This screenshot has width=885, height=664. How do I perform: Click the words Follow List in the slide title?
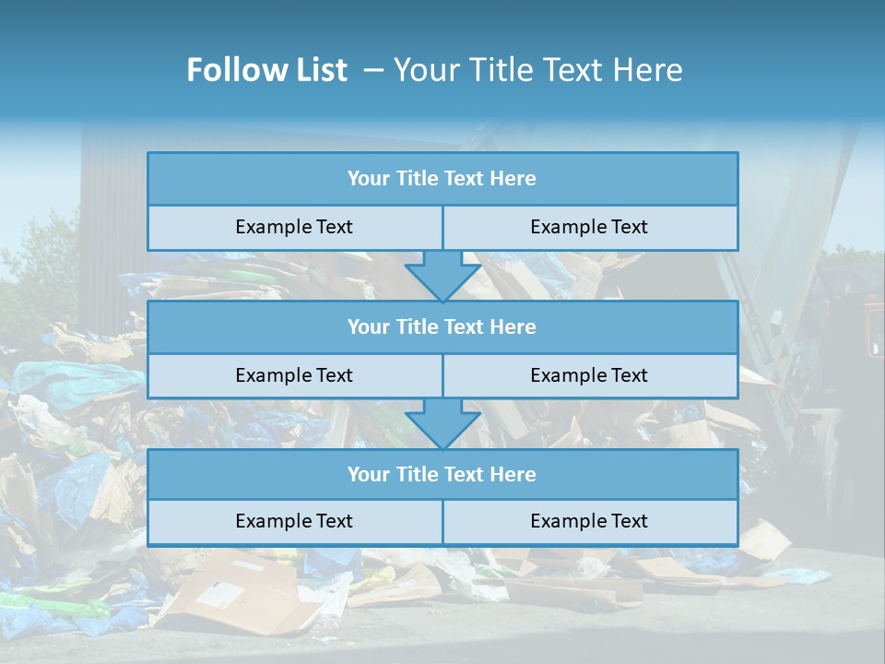point(266,70)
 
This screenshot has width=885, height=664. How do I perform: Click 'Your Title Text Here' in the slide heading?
point(538,70)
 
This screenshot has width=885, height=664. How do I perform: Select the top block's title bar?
point(442,179)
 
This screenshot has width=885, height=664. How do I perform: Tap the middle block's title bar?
point(442,327)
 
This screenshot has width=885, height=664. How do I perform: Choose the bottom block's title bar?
point(442,475)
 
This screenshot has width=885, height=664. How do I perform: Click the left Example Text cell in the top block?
point(294,228)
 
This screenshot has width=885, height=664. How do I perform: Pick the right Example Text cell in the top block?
point(589,228)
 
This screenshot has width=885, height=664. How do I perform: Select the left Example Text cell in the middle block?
point(294,376)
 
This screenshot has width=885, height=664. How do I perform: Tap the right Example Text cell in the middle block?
point(589,376)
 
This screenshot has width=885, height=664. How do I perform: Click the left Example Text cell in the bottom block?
point(294,522)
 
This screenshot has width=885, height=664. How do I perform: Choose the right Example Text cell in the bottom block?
point(589,522)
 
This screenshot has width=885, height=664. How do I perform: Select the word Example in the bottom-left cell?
point(273,522)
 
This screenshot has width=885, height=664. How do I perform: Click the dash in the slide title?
point(373,70)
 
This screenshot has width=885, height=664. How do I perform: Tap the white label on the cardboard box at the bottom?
point(221,594)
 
